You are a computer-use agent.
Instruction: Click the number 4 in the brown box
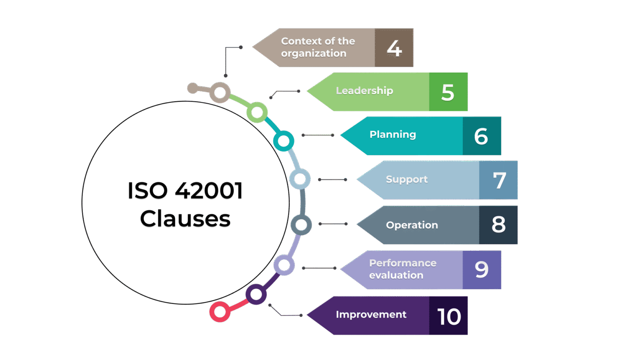tap(394, 48)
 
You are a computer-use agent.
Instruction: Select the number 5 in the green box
tap(448, 92)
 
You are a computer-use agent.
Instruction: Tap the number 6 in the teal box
tap(481, 136)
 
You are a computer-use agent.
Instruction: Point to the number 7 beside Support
tap(499, 180)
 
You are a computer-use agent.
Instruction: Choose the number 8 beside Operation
tap(498, 225)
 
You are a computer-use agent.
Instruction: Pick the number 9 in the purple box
tap(481, 270)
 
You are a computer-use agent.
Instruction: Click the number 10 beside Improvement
tap(449, 316)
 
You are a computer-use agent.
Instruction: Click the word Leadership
tap(364, 91)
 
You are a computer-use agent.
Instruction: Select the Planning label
tap(393, 135)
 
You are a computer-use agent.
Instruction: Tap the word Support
tap(407, 180)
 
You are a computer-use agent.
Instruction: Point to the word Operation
tap(412, 225)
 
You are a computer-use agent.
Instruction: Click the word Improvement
tap(371, 315)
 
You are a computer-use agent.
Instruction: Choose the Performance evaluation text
tap(402, 269)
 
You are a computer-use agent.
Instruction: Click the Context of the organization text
tap(317, 47)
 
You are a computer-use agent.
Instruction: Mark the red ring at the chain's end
tap(220, 312)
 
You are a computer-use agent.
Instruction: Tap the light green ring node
tap(257, 112)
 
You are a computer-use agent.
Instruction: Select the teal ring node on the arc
tap(284, 141)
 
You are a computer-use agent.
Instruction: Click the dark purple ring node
tap(256, 295)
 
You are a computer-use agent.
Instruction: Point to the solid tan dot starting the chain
tap(192, 88)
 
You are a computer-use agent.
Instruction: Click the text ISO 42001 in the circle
tap(185, 191)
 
